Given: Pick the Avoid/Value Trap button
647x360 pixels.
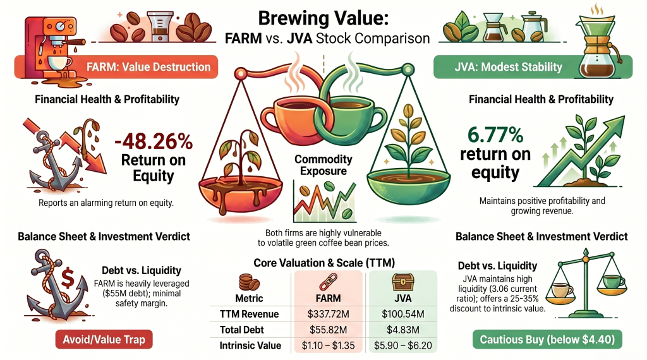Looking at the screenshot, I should pos(104,339).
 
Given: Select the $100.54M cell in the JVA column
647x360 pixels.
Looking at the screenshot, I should pos(403,314).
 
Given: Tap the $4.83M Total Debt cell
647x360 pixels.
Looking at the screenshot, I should pos(403,329).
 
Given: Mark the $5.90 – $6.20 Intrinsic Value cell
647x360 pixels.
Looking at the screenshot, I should pos(403,345).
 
